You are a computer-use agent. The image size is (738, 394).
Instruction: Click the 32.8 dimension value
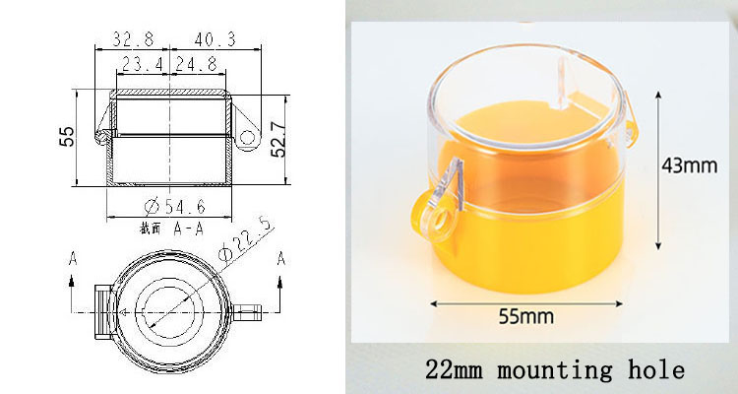(x=132, y=38)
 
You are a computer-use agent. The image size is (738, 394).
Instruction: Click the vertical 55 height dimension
(x=66, y=137)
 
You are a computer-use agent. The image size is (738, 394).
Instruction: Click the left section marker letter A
(x=73, y=258)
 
